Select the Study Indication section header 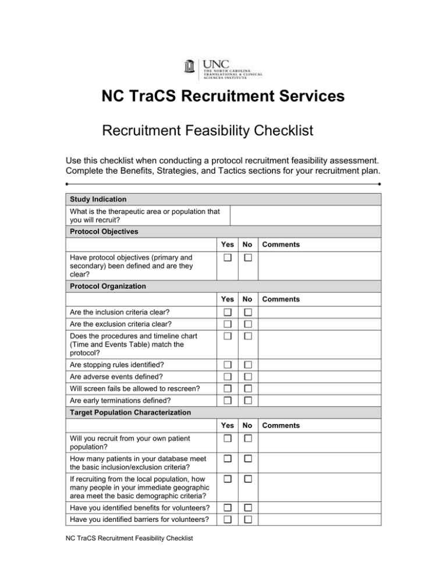(x=97, y=199)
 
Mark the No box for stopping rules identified (x=248, y=365)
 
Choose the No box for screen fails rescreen (x=248, y=388)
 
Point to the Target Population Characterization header (x=130, y=412)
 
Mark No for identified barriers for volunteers (x=248, y=520)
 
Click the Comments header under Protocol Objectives (x=281, y=245)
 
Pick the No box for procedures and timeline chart (x=248, y=337)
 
